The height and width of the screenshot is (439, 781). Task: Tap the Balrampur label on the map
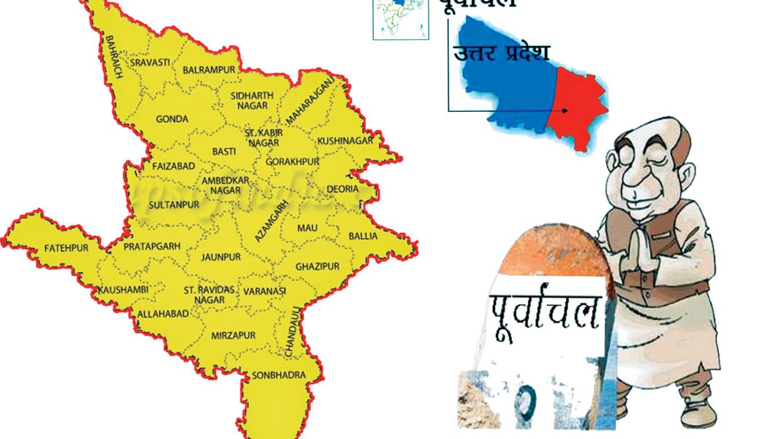click(x=209, y=70)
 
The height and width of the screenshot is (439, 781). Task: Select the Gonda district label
click(x=172, y=119)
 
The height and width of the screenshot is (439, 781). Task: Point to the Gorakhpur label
click(x=293, y=162)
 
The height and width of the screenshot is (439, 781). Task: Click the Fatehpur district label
click(x=67, y=248)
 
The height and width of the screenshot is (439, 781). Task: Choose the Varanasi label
click(x=265, y=291)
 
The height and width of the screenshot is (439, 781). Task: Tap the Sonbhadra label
click(x=278, y=375)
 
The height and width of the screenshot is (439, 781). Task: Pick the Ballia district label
click(x=363, y=236)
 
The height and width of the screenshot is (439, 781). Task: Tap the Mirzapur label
click(x=233, y=336)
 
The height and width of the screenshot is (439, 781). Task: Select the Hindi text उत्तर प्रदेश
click(x=501, y=53)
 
